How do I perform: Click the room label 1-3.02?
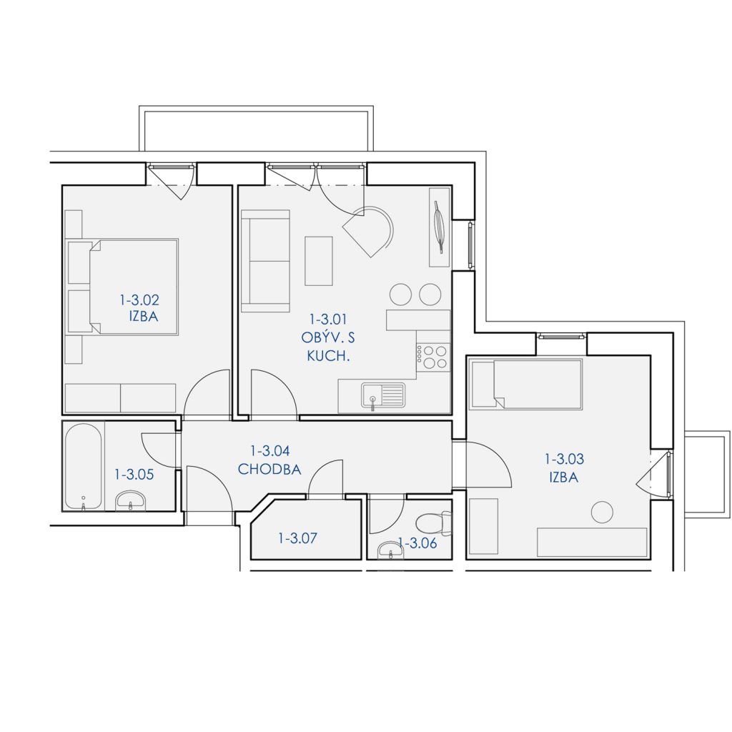tap(139, 300)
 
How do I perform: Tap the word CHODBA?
tap(269, 469)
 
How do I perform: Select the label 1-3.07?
tap(297, 538)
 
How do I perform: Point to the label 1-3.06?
tap(417, 543)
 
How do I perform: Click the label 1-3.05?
tap(134, 475)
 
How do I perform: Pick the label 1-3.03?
tap(564, 460)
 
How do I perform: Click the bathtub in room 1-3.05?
tap(84, 466)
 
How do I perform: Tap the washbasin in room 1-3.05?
tap(130, 500)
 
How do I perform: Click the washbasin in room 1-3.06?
tap(391, 550)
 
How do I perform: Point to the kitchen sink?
tap(383, 395)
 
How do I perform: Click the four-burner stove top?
tap(432, 357)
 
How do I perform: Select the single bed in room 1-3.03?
tap(526, 384)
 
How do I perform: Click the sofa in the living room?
tap(265, 261)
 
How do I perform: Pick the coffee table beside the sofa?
tap(319, 260)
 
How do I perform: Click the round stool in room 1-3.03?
tap(602, 512)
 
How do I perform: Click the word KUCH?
tap(328, 356)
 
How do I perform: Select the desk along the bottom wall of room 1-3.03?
tap(592, 543)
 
